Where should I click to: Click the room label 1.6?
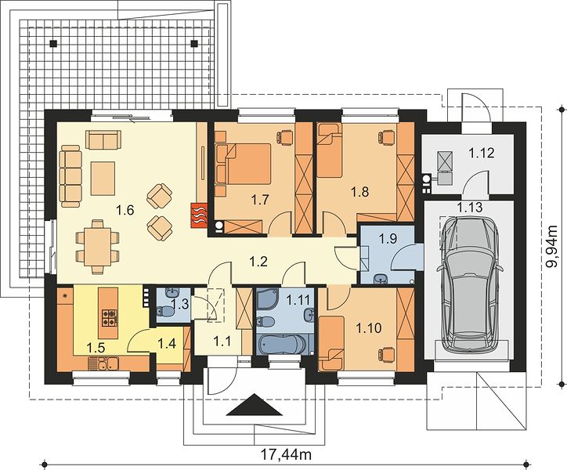click(x=125, y=210)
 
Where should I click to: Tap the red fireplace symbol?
click(x=199, y=215)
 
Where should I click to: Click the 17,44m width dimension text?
click(x=285, y=454)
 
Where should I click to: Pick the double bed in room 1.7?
click(x=243, y=164)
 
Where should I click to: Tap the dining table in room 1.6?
click(x=97, y=247)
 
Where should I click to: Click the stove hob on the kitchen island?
click(x=109, y=317)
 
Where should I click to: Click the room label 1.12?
click(x=482, y=153)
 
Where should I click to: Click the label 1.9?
click(x=388, y=239)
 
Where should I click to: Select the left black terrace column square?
click(x=53, y=43)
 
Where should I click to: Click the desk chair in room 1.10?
click(x=386, y=354)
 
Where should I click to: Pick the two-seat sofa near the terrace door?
click(x=103, y=139)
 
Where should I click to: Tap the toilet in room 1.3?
click(x=164, y=311)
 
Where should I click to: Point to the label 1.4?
click(x=167, y=343)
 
